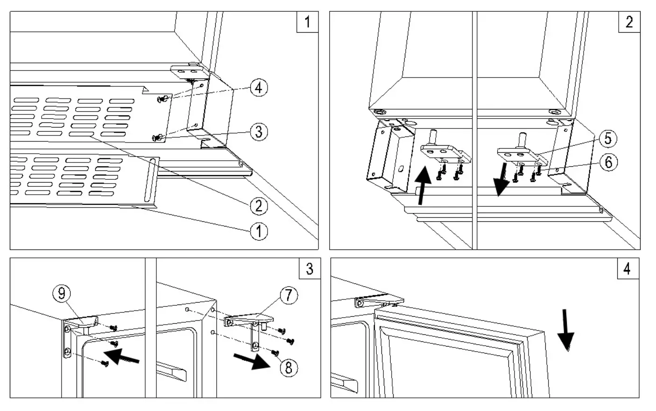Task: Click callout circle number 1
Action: coord(259,230)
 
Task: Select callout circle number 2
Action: coord(259,205)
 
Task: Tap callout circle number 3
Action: coord(259,132)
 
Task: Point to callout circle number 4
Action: coord(259,87)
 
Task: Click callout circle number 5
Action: coord(607,139)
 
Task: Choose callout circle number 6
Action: coord(607,162)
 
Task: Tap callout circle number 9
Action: coord(62,293)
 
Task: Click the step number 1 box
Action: coord(307,21)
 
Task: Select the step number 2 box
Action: coord(628,21)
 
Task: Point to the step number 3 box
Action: coord(309,269)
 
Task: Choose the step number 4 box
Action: coord(627,269)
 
